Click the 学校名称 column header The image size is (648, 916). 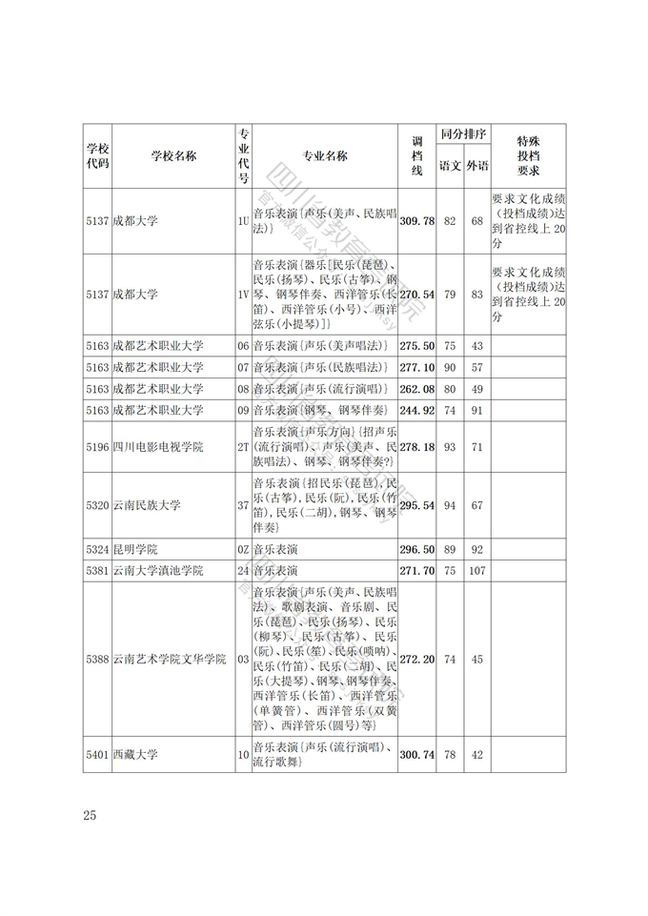click(173, 156)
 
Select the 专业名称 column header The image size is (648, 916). click(325, 156)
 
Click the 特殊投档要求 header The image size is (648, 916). click(529, 156)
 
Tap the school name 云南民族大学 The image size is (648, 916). click(146, 504)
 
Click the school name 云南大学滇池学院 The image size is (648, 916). click(158, 571)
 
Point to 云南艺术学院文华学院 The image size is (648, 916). click(170, 659)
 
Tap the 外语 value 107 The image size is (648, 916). click(477, 571)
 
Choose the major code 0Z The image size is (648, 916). click(243, 550)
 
